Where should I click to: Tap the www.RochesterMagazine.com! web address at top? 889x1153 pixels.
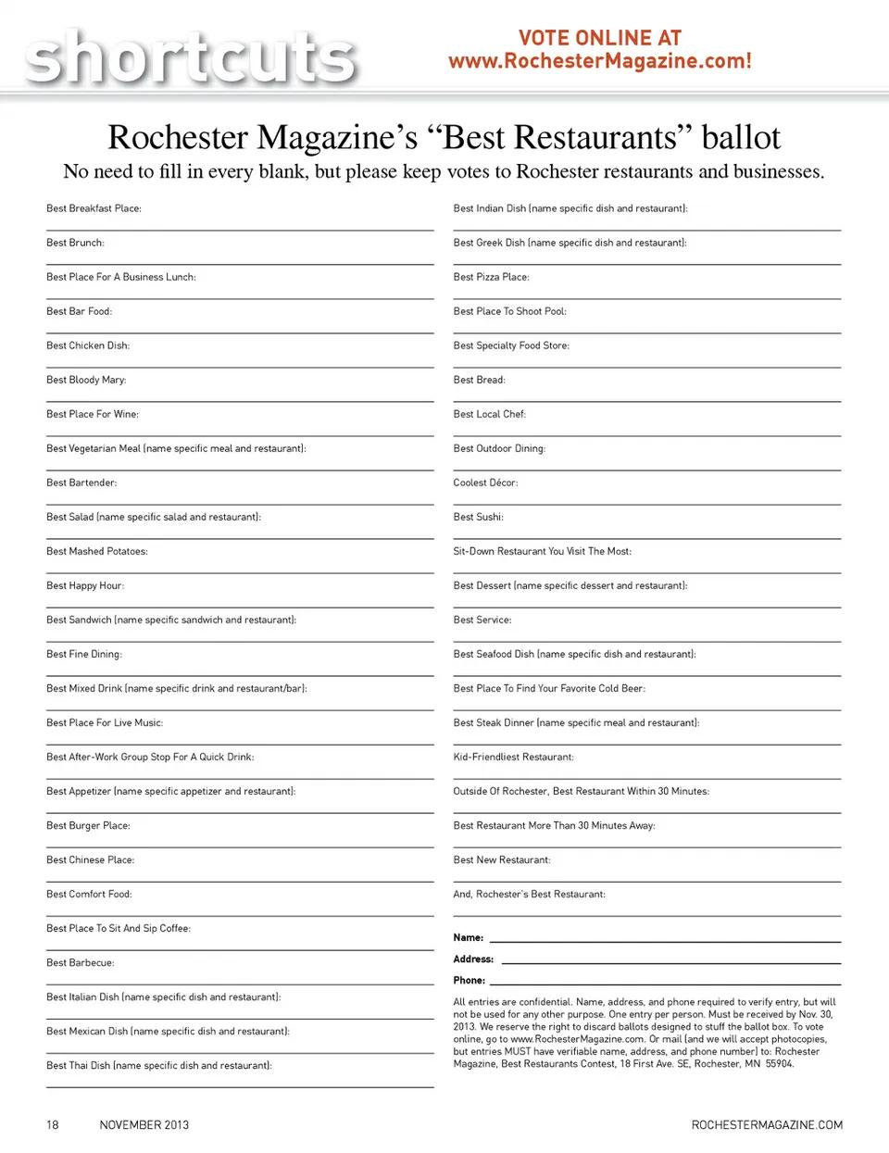600,61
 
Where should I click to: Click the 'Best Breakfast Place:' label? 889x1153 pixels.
94,208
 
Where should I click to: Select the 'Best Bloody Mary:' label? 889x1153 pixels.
86,380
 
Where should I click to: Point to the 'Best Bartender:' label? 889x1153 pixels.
81,483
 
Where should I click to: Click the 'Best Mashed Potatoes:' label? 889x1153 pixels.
97,551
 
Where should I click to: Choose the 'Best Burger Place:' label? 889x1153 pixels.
88,825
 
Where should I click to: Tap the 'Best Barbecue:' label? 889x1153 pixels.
81,962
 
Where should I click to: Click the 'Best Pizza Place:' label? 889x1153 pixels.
491,277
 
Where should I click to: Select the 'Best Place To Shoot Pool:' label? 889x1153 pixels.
509,311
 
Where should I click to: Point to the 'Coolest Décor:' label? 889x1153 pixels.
485,483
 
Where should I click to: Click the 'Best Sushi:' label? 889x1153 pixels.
478,517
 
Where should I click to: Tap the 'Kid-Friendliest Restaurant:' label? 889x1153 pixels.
513,757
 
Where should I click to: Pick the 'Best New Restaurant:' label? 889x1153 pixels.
502,859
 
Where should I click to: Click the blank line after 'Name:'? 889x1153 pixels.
665,940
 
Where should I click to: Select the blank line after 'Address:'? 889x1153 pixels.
670,961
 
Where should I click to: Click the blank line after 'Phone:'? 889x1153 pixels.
665,983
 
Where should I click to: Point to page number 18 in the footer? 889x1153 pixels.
53,1124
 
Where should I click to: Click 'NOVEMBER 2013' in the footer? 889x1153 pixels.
144,1124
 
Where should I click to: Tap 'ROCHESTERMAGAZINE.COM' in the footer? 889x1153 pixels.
767,1124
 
